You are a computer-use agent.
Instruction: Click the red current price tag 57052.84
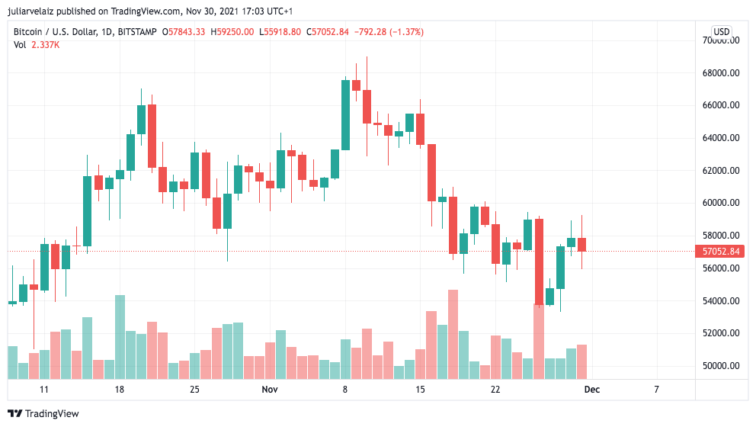(720, 252)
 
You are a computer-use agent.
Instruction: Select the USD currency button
(721, 32)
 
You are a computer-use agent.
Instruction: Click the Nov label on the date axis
(269, 390)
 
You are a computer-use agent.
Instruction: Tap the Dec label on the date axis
(591, 390)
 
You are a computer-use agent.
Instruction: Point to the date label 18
(119, 390)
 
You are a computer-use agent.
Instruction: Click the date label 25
(194, 390)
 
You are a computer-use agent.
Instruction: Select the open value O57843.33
(184, 32)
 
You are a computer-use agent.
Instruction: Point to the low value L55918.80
(280, 32)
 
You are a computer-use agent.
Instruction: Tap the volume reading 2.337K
(46, 45)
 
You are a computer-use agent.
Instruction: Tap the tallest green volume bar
(120, 336)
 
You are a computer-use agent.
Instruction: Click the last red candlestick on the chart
(581, 245)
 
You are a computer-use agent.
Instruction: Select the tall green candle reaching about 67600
(345, 114)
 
